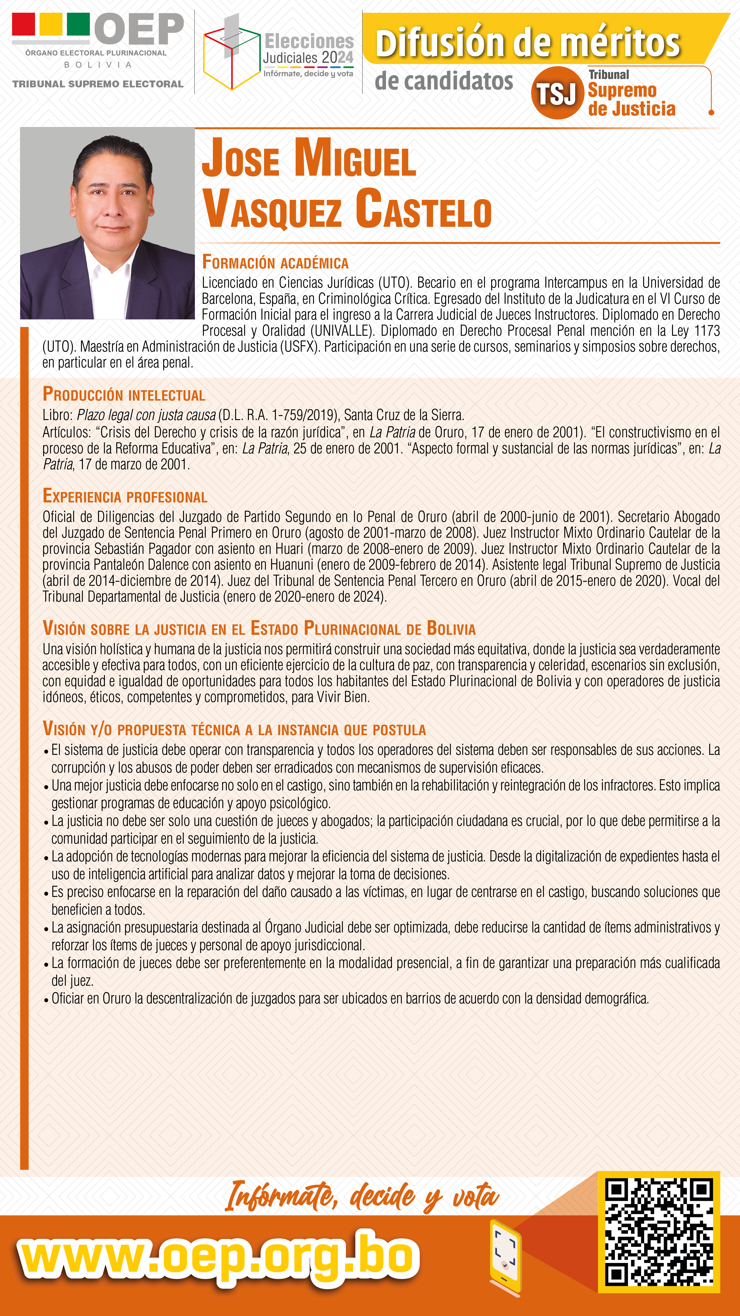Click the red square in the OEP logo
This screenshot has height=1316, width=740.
pyautogui.click(x=23, y=23)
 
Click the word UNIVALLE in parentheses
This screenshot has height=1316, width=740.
pyautogui.click(x=340, y=331)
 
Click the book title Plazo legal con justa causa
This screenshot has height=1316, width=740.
pyautogui.click(x=146, y=415)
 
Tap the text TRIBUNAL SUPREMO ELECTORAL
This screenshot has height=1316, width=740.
pyautogui.click(x=98, y=84)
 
